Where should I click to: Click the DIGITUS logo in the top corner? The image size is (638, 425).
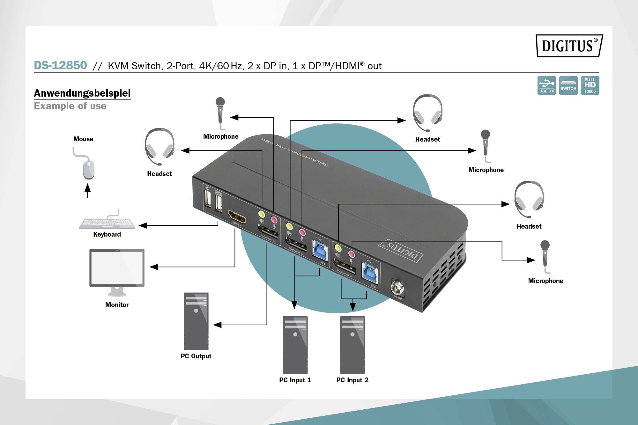[x=569, y=46]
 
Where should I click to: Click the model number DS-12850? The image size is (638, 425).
[x=60, y=65]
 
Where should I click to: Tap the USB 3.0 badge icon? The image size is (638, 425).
[x=546, y=85]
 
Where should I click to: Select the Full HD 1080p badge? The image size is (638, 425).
[x=590, y=85]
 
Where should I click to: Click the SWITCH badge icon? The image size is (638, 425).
[x=568, y=85]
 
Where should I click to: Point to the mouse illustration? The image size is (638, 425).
[x=88, y=169]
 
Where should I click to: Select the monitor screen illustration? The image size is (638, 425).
[x=117, y=268]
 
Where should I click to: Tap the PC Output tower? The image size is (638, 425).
[x=196, y=321]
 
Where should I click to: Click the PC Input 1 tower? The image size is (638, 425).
[x=295, y=344]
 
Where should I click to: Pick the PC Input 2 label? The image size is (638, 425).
[x=352, y=380]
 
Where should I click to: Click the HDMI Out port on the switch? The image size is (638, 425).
[x=237, y=217]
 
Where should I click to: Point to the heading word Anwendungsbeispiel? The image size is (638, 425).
[x=82, y=93]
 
